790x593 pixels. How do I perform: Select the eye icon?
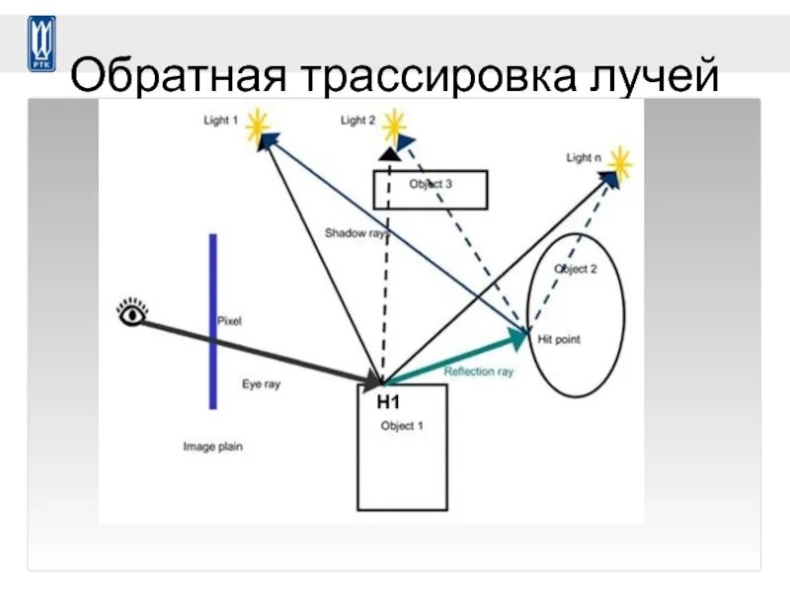[x=131, y=314]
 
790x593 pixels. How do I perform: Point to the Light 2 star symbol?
[x=394, y=125]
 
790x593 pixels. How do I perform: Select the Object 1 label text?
[x=402, y=426]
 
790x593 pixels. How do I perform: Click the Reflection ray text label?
[x=479, y=373]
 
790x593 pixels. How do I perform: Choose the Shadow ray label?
[x=355, y=234]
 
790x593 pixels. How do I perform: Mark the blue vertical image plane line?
[x=212, y=321]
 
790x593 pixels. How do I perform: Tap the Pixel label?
[x=229, y=321]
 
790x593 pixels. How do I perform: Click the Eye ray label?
[x=261, y=383]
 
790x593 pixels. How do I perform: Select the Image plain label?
[x=212, y=447]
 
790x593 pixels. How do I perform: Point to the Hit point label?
[x=559, y=339]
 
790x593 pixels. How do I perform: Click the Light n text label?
[x=584, y=157]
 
